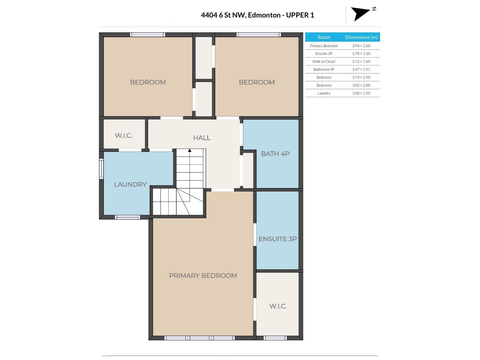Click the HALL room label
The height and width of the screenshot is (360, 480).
[202, 138]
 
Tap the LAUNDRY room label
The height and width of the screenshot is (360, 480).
[130, 184]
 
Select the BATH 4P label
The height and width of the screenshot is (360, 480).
[275, 154]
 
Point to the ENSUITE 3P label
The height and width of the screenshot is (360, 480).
[277, 239]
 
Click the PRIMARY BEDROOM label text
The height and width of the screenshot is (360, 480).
[203, 275]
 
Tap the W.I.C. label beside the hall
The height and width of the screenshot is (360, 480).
[124, 136]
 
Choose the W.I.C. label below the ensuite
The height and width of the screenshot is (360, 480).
[278, 306]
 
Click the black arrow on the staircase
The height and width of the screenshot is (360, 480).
[190, 151]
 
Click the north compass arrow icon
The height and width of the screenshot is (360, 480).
[360, 13]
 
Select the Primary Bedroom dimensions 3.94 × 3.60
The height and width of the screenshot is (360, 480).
[361, 46]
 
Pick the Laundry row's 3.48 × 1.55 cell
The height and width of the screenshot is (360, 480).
[361, 93]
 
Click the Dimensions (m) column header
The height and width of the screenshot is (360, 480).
[361, 37]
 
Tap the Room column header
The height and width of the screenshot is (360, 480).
[324, 37]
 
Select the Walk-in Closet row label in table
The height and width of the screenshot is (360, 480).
[324, 61]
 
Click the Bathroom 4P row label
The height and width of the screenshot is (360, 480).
[324, 69]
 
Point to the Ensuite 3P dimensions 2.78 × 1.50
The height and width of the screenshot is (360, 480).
[361, 54]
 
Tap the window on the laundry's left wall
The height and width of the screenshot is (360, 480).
[101, 169]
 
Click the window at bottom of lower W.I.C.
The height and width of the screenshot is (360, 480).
[275, 338]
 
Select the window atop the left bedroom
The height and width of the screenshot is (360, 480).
[147, 35]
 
